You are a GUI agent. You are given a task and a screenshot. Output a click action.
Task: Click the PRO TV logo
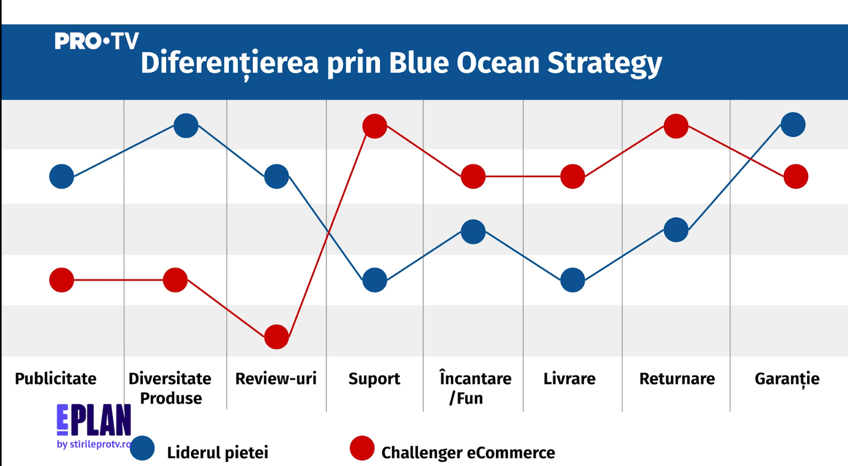pos(96,41)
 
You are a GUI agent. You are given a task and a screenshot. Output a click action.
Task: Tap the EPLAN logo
pos(94,425)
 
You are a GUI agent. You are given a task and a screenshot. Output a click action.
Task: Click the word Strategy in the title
pos(605,64)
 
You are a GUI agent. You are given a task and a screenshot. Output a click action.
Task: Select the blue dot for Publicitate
pos(62,176)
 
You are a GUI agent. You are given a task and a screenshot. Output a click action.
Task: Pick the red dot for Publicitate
pos(62,280)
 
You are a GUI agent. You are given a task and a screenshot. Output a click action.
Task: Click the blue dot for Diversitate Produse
pos(186,126)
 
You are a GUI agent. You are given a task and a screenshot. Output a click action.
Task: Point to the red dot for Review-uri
pos(277,337)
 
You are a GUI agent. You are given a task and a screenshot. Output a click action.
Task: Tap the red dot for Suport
pos(375,126)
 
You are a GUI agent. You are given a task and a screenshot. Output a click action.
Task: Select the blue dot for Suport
pos(375,280)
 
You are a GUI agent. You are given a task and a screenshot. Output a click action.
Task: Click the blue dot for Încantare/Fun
pos(473,231)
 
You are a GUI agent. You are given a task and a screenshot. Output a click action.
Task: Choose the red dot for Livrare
pos(572,176)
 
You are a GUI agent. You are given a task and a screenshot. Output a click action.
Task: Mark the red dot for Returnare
pos(676,126)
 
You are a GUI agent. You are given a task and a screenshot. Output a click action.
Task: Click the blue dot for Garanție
pos(793,125)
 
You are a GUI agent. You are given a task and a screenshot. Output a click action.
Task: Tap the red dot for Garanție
pos(796,176)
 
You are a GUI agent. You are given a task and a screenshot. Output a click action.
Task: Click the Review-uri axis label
pos(276,378)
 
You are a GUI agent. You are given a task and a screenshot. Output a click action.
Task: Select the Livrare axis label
pos(569,378)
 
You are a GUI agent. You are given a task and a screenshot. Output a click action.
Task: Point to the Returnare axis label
pos(677,378)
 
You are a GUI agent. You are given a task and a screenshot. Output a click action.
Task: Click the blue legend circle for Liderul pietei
pos(142,448)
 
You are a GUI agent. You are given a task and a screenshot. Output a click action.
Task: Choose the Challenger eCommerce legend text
pos(468,453)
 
